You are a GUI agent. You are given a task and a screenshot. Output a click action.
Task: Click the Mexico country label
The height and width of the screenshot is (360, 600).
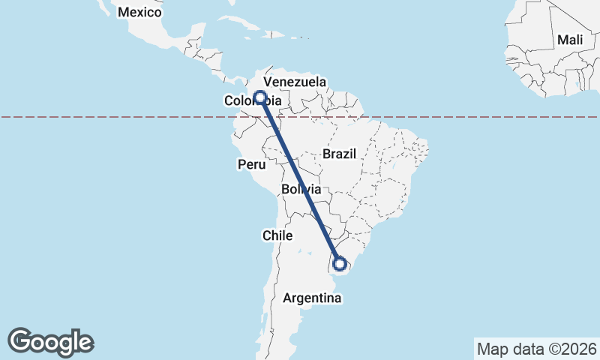point(140,12)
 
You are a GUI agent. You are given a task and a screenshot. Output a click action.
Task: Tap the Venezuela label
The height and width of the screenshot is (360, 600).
point(300,81)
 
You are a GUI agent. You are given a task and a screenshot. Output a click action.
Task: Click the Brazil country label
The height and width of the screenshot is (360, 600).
point(338,153)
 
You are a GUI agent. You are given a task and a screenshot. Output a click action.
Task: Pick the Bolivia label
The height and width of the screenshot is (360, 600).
point(301,190)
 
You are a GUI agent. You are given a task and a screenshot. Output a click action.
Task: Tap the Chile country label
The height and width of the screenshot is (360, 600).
point(277,235)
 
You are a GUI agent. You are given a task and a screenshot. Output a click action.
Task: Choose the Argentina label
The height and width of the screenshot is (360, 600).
point(313,298)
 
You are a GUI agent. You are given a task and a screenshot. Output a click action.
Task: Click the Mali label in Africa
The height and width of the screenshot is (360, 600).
point(570,39)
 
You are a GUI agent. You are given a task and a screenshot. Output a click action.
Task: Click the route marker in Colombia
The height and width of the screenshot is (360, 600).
point(260,97)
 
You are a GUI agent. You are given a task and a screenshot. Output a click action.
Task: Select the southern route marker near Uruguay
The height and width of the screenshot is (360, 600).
point(340,263)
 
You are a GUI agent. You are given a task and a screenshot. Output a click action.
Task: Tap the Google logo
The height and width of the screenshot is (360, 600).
point(50,341)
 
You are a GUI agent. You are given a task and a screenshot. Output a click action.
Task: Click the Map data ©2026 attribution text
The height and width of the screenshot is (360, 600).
point(535,349)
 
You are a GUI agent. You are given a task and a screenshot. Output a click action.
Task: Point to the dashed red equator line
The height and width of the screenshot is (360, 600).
point(450,117)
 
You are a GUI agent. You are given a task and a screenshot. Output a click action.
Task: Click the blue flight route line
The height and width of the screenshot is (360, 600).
point(300,180)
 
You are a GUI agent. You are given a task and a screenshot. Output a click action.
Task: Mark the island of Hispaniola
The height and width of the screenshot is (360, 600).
point(280,34)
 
